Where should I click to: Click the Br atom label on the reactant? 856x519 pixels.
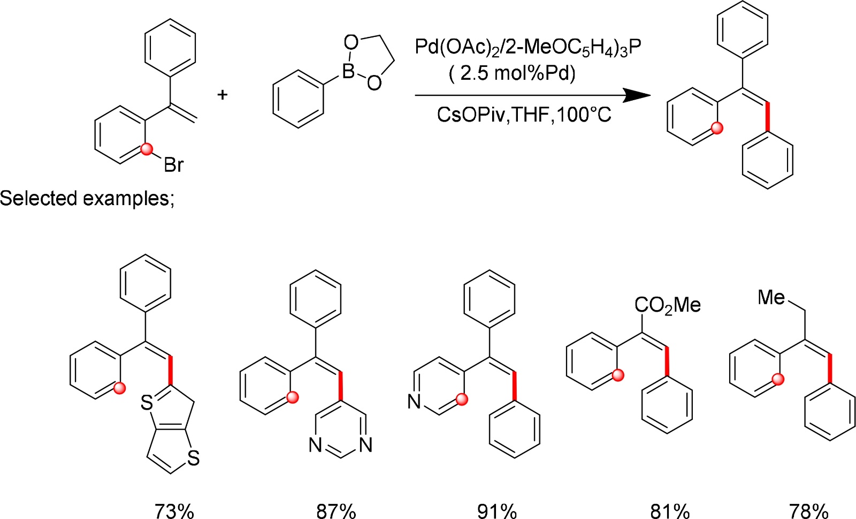click(x=174, y=164)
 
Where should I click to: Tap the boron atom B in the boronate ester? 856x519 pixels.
click(x=348, y=71)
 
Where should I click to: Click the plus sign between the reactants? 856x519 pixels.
click(x=222, y=95)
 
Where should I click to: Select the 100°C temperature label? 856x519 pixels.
click(x=584, y=115)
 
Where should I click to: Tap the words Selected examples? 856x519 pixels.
click(x=86, y=198)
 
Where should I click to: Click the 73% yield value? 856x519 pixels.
click(x=174, y=510)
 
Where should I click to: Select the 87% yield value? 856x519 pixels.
click(x=336, y=510)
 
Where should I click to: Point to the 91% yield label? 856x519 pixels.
click(x=497, y=510)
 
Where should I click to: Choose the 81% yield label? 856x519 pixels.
click(x=670, y=510)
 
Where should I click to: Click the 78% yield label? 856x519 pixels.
click(x=809, y=510)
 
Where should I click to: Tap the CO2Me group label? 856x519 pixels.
click(x=667, y=305)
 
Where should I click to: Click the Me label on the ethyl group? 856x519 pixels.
click(x=771, y=297)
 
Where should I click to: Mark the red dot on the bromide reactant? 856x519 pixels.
click(x=147, y=148)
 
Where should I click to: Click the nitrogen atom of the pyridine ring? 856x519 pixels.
click(x=414, y=401)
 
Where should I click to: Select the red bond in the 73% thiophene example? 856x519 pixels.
click(x=171, y=370)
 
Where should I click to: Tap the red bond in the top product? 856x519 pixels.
click(x=768, y=116)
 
